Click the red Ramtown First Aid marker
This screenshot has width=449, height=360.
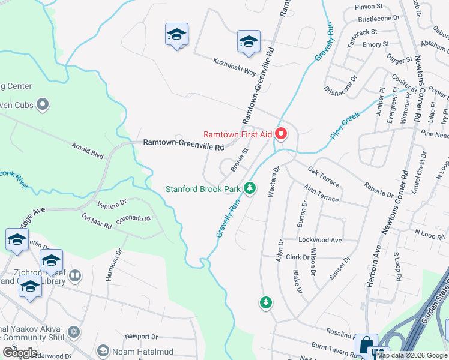coord(281,133)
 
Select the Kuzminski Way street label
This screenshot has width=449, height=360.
coord(235,66)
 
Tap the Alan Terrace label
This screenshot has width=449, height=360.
coord(321,194)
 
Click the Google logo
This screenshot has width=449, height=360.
coord(20,352)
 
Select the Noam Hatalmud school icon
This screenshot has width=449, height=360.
coord(103,350)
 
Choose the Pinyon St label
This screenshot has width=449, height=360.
coord(370,7)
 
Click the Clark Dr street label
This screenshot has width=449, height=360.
coord(297,257)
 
